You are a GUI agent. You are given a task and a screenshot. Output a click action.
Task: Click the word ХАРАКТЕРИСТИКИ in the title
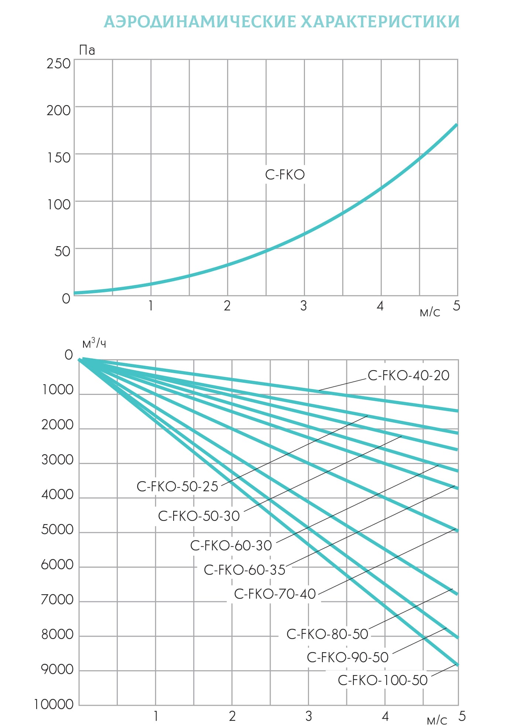coord(380,22)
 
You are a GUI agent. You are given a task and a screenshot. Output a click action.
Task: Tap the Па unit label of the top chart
coord(87,50)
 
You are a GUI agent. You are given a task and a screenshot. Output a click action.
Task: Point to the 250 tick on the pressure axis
coord(58,64)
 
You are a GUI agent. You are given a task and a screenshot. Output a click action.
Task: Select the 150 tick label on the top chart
coord(58,158)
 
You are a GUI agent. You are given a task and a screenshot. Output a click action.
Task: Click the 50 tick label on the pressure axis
coord(62,252)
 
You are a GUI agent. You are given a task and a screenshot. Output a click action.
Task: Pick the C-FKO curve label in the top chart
coord(285,175)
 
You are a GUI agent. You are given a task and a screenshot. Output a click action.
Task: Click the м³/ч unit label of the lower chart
coord(94,344)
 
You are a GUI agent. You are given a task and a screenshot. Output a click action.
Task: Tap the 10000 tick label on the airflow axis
coord(54,705)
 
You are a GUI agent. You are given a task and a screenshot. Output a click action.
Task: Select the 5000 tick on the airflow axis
coord(57,530)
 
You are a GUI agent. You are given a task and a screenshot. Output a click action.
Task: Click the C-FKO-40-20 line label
coord(408,376)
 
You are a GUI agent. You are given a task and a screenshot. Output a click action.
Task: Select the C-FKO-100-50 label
coord(383,680)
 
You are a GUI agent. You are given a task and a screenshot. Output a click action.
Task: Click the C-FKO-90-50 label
coord(347,657)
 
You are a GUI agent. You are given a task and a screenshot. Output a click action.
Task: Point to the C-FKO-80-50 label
coord(327,634)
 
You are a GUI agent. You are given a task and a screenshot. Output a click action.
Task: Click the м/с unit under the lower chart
coord(437,720)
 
